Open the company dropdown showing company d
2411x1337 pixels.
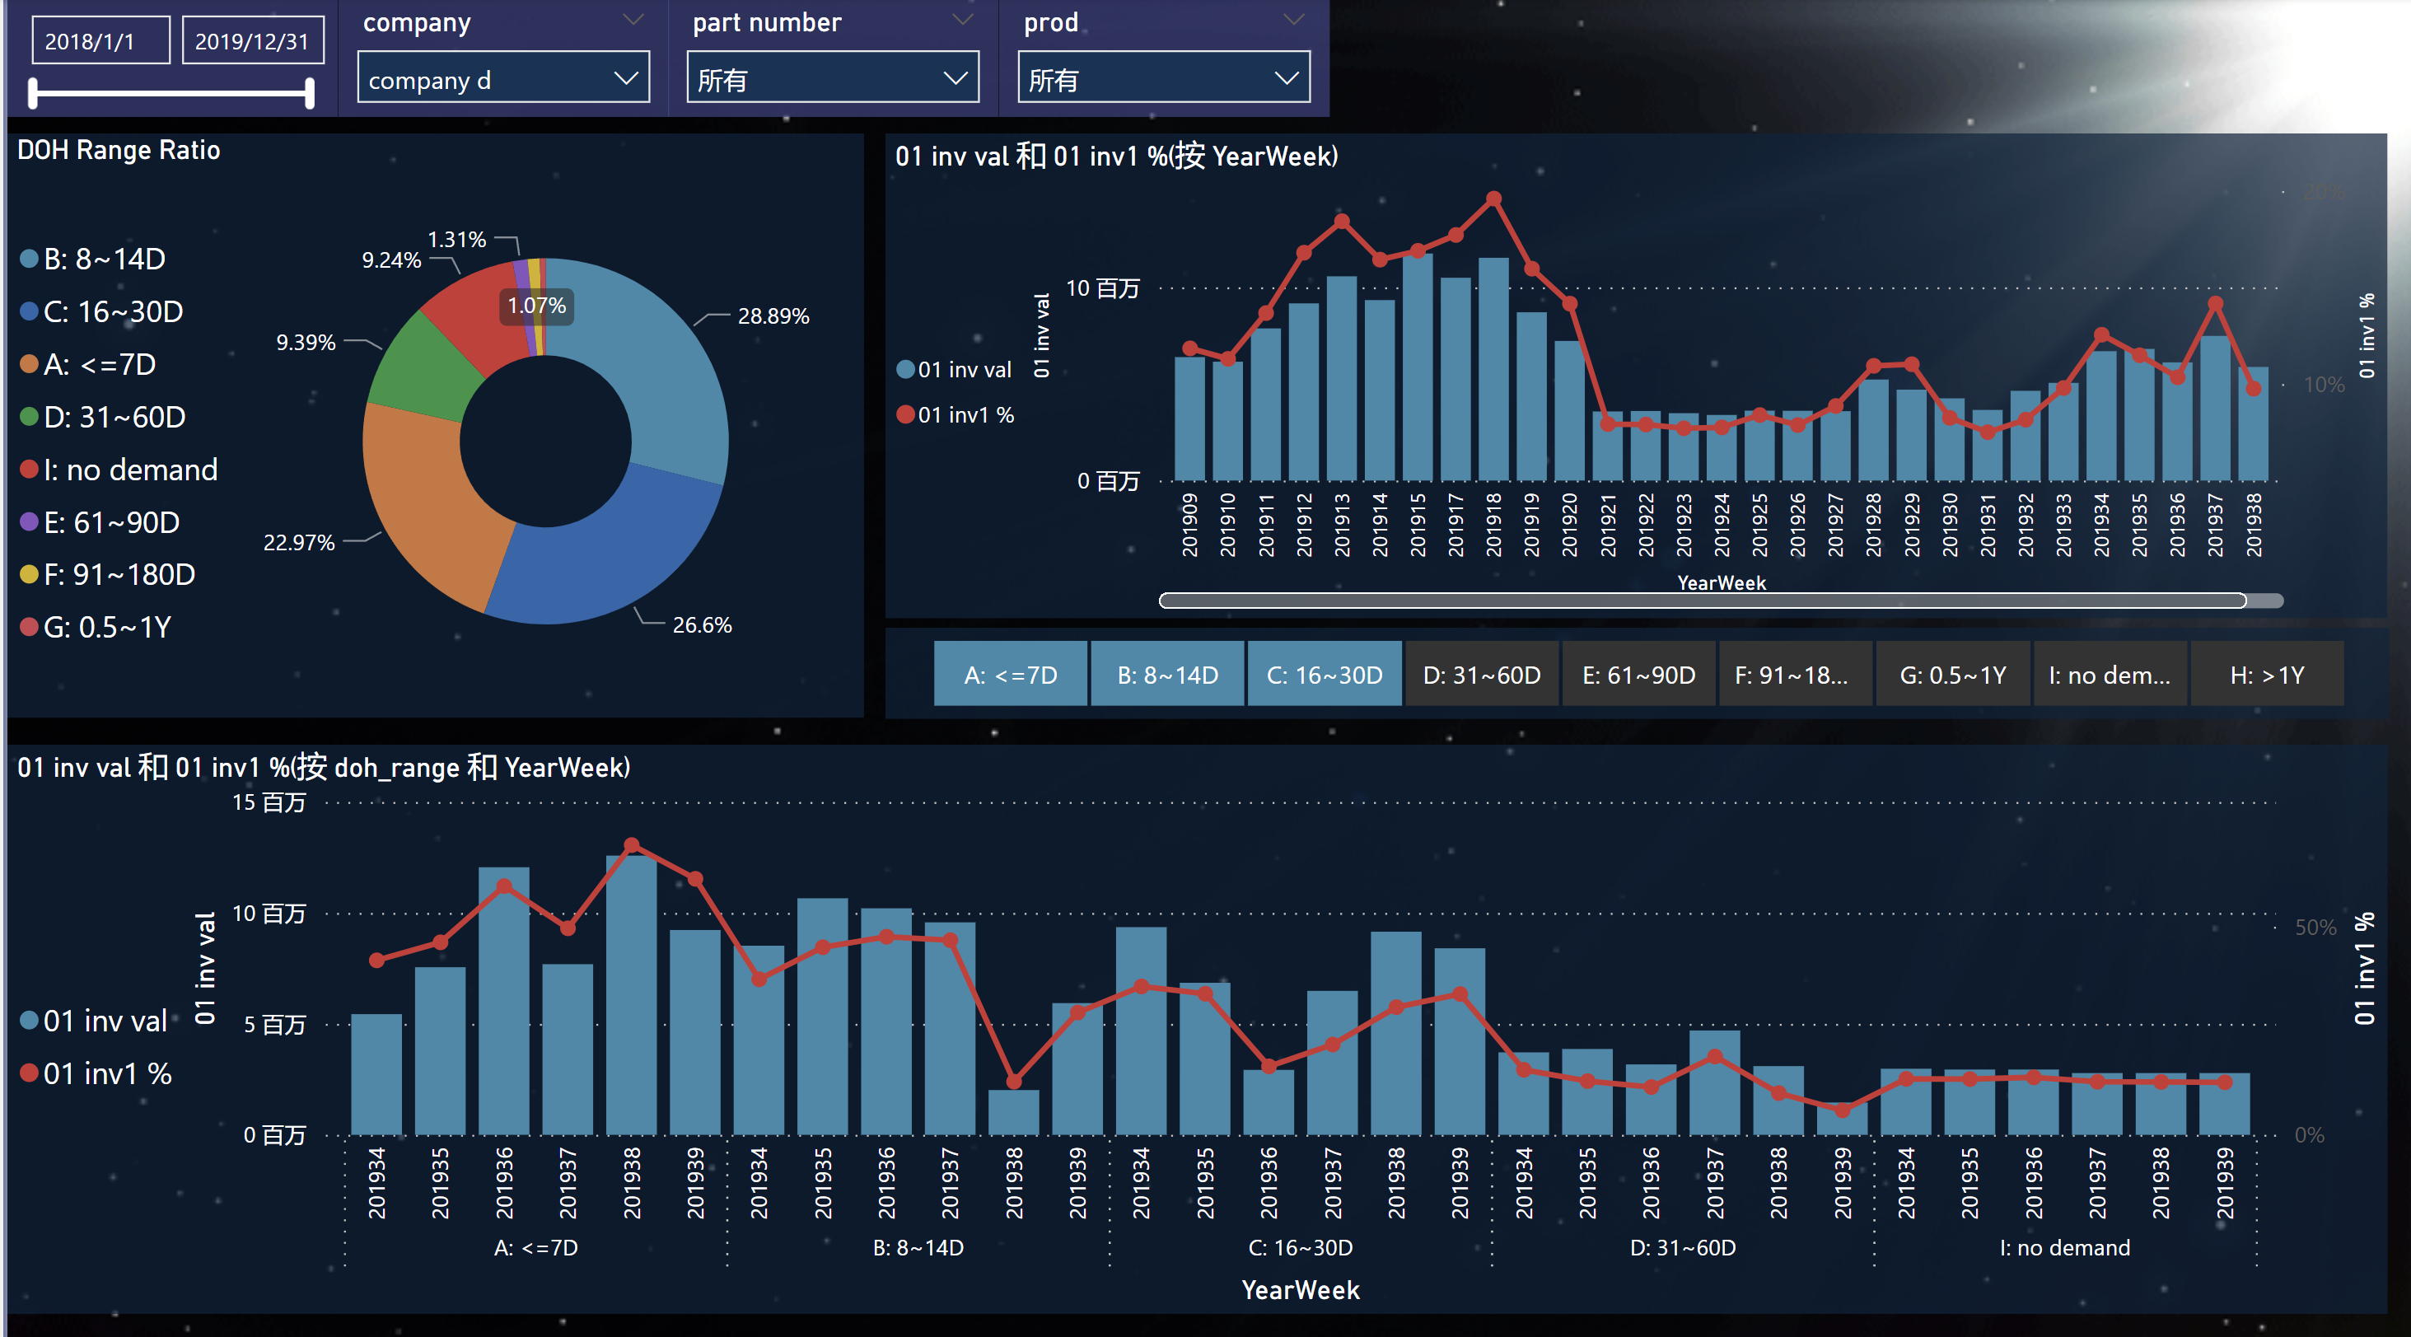coord(503,80)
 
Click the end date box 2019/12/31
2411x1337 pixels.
coord(252,41)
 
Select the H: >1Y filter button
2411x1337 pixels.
coord(2266,674)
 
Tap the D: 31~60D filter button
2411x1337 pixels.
coord(1481,674)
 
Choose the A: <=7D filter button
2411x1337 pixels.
coord(1010,674)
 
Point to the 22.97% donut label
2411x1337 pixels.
coord(298,543)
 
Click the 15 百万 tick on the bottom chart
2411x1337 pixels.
coord(269,802)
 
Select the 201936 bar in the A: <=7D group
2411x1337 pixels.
coord(503,1002)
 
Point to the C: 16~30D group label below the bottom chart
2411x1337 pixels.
coord(1300,1247)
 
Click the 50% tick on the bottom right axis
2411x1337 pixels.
coord(2315,927)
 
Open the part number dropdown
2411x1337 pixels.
coord(832,80)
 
